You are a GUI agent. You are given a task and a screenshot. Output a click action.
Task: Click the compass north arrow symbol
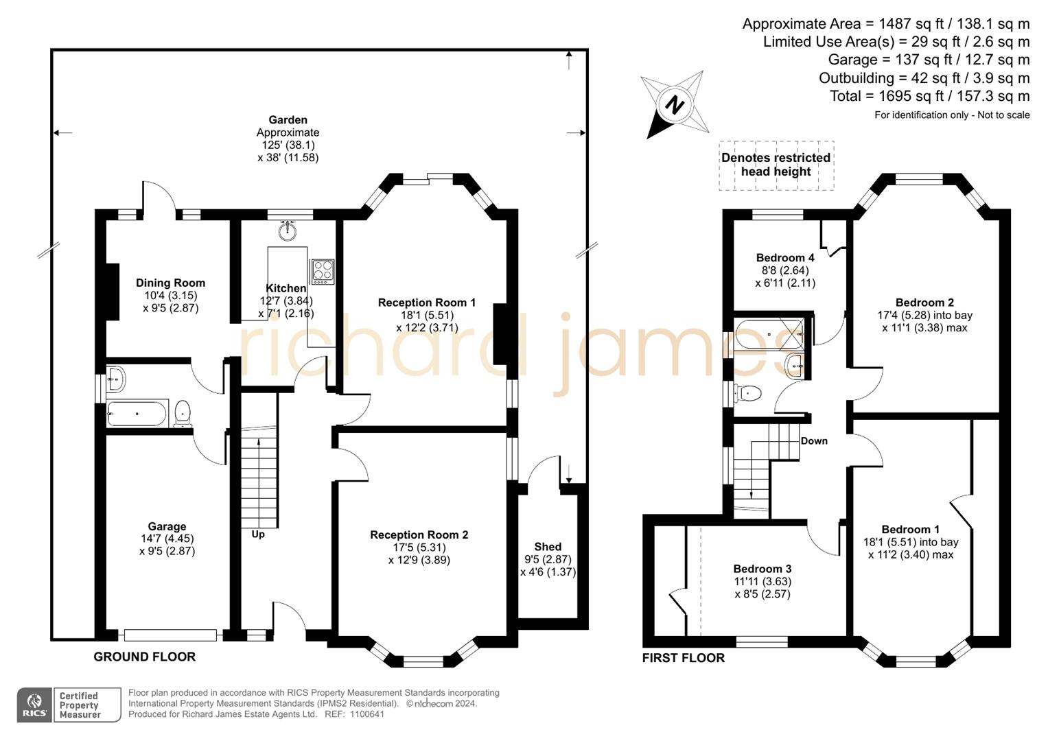click(x=675, y=105)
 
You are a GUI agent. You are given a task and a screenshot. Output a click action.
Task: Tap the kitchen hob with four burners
click(x=323, y=272)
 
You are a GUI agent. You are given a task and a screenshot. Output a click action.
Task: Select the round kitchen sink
click(x=288, y=231)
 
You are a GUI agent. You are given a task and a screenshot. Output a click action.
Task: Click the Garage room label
click(x=167, y=526)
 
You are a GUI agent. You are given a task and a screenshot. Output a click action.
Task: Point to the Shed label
click(x=548, y=546)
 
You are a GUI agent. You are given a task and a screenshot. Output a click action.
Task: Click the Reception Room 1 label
click(x=426, y=302)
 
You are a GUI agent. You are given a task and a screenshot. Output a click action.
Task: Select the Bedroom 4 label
click(x=785, y=257)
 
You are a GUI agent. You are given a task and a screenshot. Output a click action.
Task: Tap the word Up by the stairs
click(x=258, y=534)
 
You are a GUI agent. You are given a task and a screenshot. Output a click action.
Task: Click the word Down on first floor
click(x=814, y=440)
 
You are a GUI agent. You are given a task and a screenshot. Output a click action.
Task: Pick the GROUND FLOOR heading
click(x=144, y=657)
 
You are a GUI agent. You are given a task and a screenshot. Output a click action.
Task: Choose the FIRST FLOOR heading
click(x=683, y=658)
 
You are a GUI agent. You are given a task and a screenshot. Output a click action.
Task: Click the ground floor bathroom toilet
click(x=183, y=413)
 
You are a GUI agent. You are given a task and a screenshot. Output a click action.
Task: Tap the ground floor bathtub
click(x=137, y=414)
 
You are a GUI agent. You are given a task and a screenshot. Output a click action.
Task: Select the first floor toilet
click(x=748, y=394)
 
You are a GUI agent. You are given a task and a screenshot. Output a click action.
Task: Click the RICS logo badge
click(x=34, y=705)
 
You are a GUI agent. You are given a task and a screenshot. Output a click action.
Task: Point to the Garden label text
click(x=288, y=120)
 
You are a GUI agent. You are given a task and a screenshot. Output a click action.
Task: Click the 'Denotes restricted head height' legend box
click(x=776, y=165)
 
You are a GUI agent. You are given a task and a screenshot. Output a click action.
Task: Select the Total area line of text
click(x=929, y=96)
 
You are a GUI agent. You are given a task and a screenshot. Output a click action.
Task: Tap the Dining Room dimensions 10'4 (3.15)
click(x=170, y=296)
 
